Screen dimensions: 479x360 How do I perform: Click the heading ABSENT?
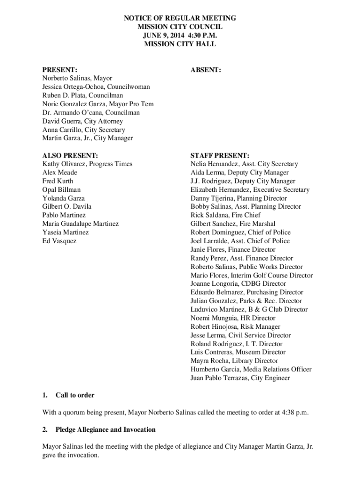pyautogui.click(x=206, y=70)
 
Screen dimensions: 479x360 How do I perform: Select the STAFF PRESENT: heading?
pyautogui.click(x=220, y=155)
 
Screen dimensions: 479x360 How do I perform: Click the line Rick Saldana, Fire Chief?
pyautogui.click(x=225, y=215)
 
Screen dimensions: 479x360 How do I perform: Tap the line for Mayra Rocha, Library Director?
pyautogui.click(x=234, y=361)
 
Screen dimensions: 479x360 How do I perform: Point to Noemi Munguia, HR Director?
pyautogui.click(x=233, y=318)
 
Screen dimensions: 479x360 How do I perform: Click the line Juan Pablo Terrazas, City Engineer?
pyautogui.click(x=240, y=378)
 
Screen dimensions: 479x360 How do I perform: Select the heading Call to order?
pyautogui.click(x=75, y=395)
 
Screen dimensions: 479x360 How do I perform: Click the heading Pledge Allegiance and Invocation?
pyautogui.click(x=105, y=429)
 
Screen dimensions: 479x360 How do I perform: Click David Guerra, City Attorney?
pyautogui.click(x=83, y=121)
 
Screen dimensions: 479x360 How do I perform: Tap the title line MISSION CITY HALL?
pyautogui.click(x=180, y=44)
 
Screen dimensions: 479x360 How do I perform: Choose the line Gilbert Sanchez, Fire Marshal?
pyautogui.click(x=233, y=224)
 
